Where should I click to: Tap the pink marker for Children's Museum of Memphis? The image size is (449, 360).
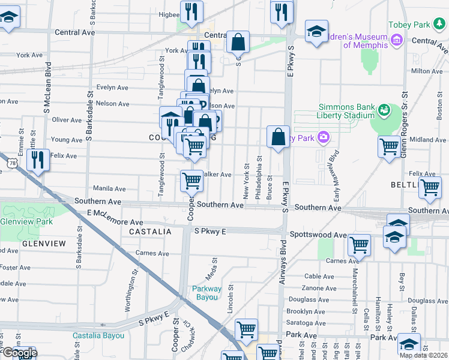396,40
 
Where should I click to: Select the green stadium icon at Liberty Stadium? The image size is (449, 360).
384,110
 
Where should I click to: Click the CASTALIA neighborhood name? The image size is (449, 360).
146,231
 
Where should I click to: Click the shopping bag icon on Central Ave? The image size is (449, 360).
238,42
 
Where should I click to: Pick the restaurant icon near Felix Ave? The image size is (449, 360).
38,160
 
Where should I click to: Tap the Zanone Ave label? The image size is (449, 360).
319,288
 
